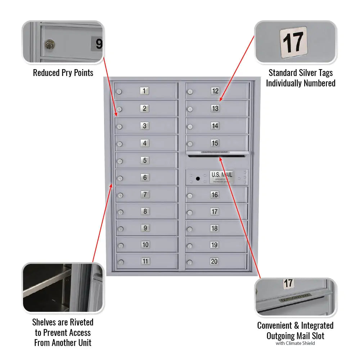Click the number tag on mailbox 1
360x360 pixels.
click(x=144, y=91)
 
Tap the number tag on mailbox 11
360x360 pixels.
click(x=145, y=261)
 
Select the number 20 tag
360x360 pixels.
click(x=214, y=261)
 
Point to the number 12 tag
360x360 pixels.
click(x=215, y=91)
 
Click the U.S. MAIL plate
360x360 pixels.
click(x=222, y=177)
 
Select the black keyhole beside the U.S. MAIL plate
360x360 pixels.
click(x=198, y=178)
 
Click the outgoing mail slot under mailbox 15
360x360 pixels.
click(x=218, y=156)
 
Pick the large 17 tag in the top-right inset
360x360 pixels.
click(x=293, y=42)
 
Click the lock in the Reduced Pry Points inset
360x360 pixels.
click(x=49, y=45)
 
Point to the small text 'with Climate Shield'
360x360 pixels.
click(x=295, y=343)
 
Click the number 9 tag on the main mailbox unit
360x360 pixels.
click(x=145, y=228)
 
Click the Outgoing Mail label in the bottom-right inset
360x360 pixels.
click(x=295, y=298)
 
